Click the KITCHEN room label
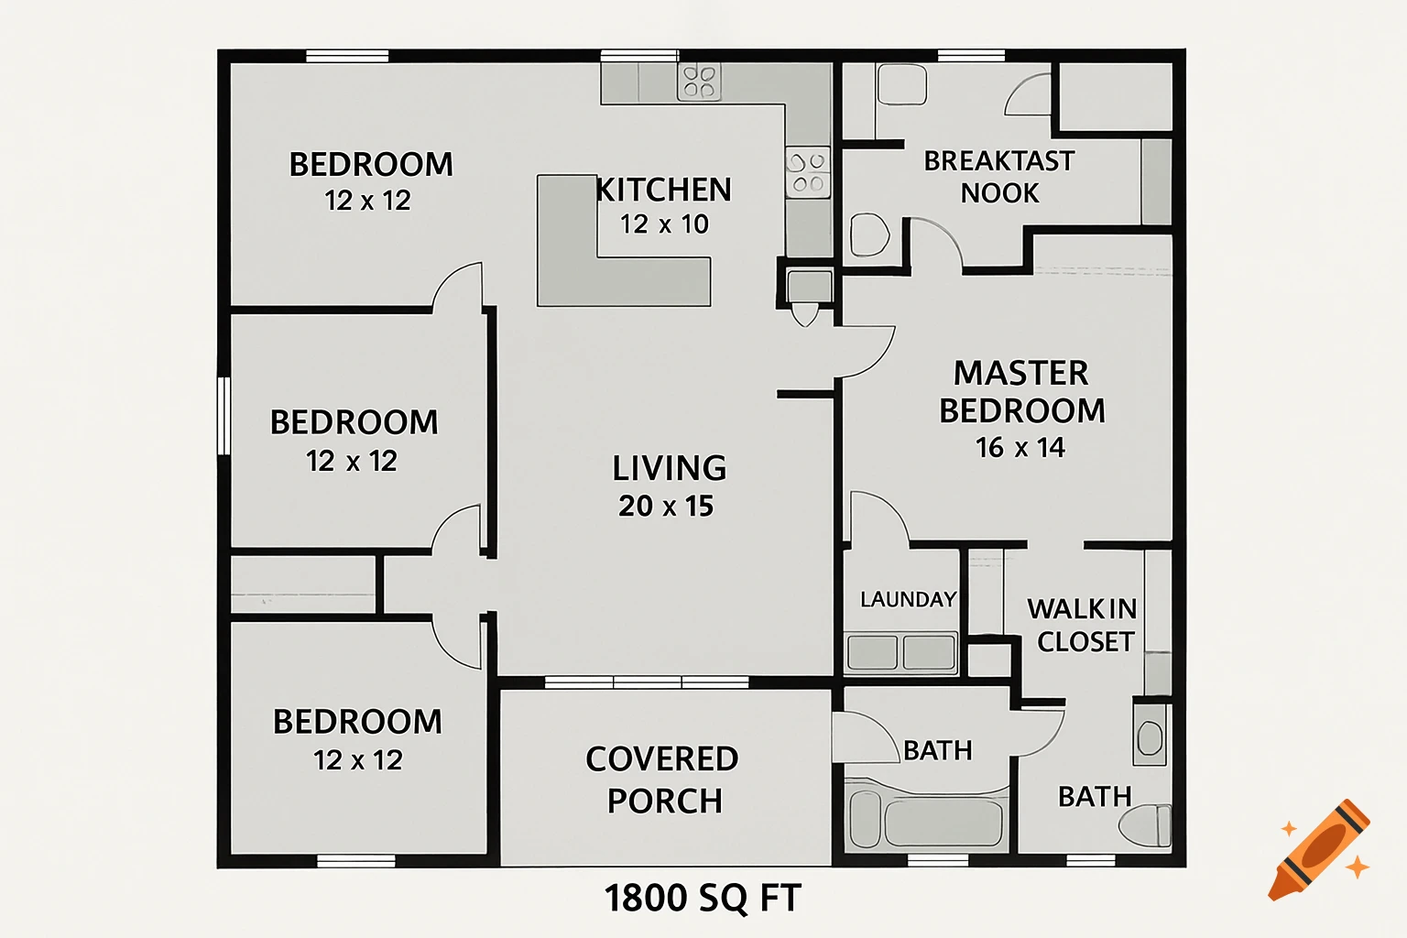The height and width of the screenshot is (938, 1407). (x=664, y=190)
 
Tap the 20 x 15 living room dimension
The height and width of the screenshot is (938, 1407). (x=666, y=506)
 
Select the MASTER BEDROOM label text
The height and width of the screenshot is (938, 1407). (x=1021, y=392)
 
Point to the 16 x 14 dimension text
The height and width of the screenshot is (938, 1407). (x=1020, y=448)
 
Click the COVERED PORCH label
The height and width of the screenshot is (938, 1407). (x=662, y=780)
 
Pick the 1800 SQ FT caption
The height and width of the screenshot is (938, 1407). (x=703, y=898)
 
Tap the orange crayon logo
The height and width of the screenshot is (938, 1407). (x=1320, y=850)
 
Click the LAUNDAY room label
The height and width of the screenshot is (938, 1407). (x=908, y=600)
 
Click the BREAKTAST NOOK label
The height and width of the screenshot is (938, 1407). (x=999, y=177)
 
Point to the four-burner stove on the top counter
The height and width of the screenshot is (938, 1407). (x=699, y=82)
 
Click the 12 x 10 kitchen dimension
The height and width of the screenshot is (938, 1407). (x=664, y=224)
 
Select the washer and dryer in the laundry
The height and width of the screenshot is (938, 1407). (x=901, y=653)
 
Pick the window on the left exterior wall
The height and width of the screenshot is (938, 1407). (x=223, y=415)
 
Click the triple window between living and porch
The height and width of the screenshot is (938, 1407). (x=647, y=682)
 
